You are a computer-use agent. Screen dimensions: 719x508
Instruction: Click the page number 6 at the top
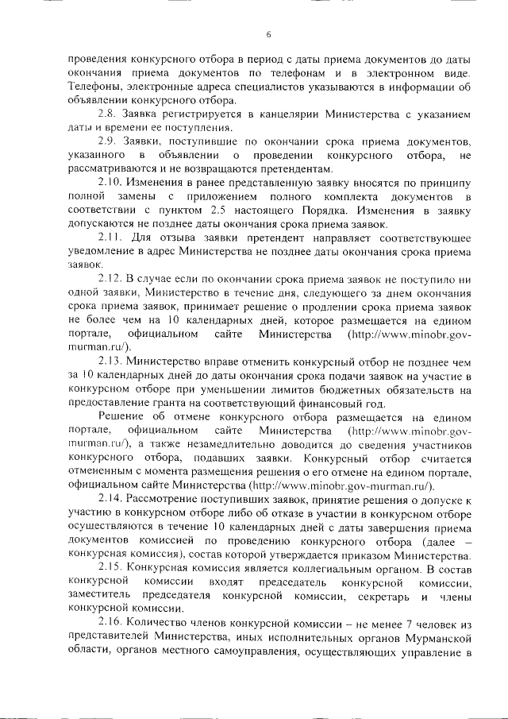(269, 34)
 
